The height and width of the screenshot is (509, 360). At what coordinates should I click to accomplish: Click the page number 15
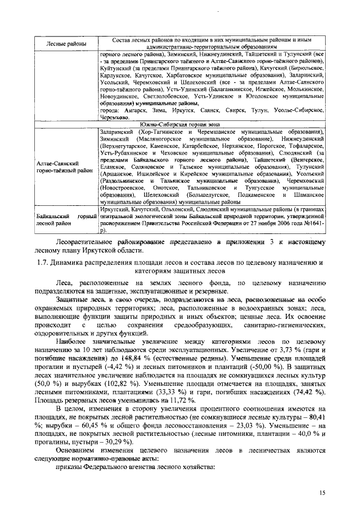pyautogui.click(x=322, y=492)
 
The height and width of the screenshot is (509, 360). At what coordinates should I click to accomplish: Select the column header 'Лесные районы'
pyautogui.click(x=66, y=44)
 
